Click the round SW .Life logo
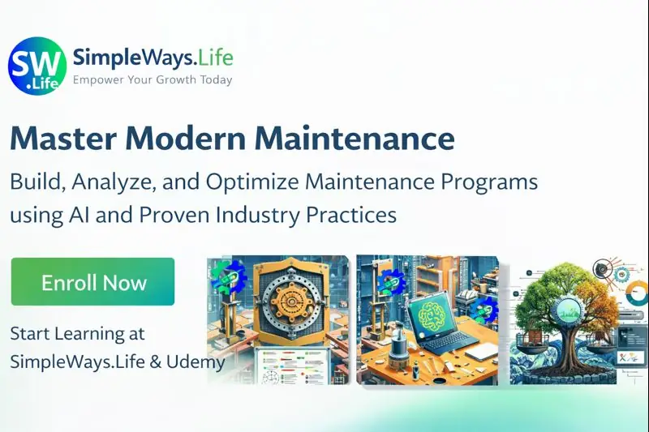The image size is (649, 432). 37,66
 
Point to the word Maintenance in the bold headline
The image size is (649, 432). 355,139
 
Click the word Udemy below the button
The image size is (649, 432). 194,362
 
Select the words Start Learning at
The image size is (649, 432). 77,333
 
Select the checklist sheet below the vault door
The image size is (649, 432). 288,365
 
